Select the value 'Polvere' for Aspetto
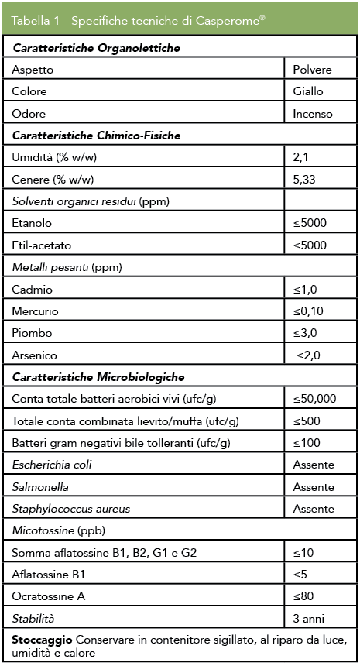tap(312, 70)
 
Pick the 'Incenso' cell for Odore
tap(313, 114)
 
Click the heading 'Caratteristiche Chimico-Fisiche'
tap(97, 136)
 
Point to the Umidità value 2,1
tap(301, 157)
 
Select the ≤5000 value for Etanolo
tap(310, 223)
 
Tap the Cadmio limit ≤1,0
tap(305, 290)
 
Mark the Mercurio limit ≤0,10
tap(308, 311)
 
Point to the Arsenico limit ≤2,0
tap(307, 355)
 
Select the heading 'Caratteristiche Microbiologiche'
tap(98, 377)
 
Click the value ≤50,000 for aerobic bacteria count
tap(314, 399)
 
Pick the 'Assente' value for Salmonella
tap(314, 487)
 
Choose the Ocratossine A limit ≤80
tap(303, 597)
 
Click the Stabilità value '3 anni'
tap(310, 619)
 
